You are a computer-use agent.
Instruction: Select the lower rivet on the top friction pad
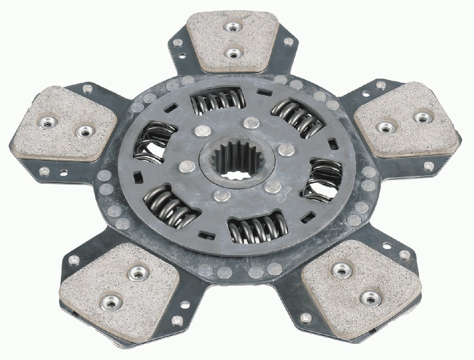pyautogui.click(x=231, y=53)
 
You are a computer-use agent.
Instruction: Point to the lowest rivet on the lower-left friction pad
pyautogui.click(x=110, y=303)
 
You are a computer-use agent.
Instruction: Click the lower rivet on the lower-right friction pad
pyautogui.click(x=369, y=296)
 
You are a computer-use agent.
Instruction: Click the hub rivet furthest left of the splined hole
pyautogui.click(x=187, y=165)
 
